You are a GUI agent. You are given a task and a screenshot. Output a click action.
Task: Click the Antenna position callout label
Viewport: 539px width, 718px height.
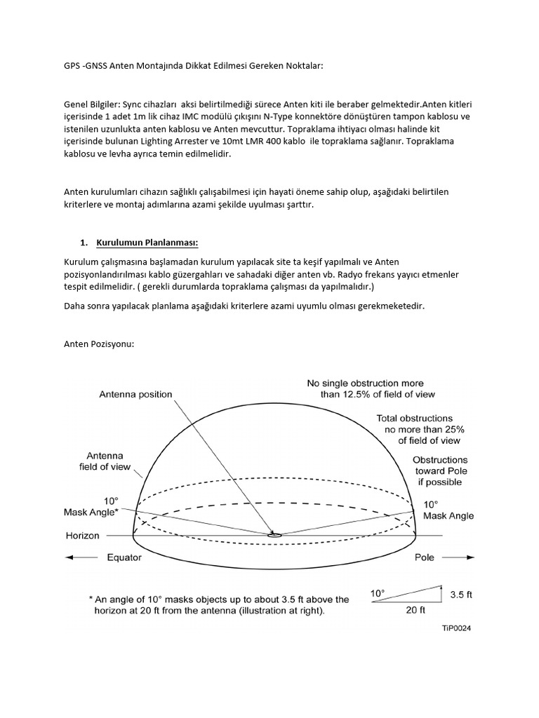pos(135,394)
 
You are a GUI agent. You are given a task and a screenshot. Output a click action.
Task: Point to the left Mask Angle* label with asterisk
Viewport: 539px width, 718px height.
pos(91,512)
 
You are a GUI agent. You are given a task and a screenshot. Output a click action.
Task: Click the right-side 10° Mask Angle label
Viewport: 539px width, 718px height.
pos(448,510)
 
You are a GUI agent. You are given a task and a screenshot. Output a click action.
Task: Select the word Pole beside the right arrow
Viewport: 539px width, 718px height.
pos(424,558)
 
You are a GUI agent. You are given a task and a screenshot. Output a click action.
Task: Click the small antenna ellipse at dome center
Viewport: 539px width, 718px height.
pos(274,535)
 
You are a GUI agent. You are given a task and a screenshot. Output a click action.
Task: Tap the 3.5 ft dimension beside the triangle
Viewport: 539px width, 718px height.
pos(460,595)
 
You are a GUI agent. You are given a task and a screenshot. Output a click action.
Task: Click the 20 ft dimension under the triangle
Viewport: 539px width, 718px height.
pos(415,610)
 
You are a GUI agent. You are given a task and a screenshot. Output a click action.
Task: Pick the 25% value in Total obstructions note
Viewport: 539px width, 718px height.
pos(449,429)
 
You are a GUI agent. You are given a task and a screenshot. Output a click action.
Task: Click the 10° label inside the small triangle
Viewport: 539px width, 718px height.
pos(378,594)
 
